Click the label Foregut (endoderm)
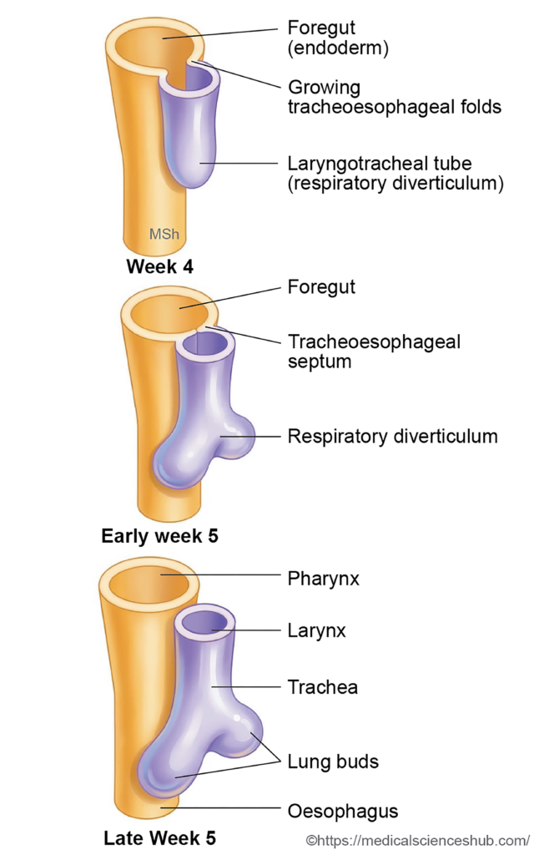click(x=338, y=37)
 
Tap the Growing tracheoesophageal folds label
click(x=395, y=97)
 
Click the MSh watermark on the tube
click(x=164, y=234)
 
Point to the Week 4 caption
click(x=159, y=266)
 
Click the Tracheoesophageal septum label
click(x=374, y=352)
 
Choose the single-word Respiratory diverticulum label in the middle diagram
click(x=392, y=436)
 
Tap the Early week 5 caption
click(x=159, y=536)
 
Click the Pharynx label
click(x=323, y=578)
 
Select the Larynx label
click(x=316, y=630)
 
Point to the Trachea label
click(x=323, y=687)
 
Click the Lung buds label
click(x=333, y=761)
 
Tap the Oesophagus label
click(x=343, y=811)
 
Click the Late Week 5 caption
click(x=159, y=838)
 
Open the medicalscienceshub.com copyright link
click(x=418, y=840)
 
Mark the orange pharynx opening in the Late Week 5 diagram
click(x=149, y=584)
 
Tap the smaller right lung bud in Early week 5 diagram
click(x=236, y=435)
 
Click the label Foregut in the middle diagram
click(x=321, y=287)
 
